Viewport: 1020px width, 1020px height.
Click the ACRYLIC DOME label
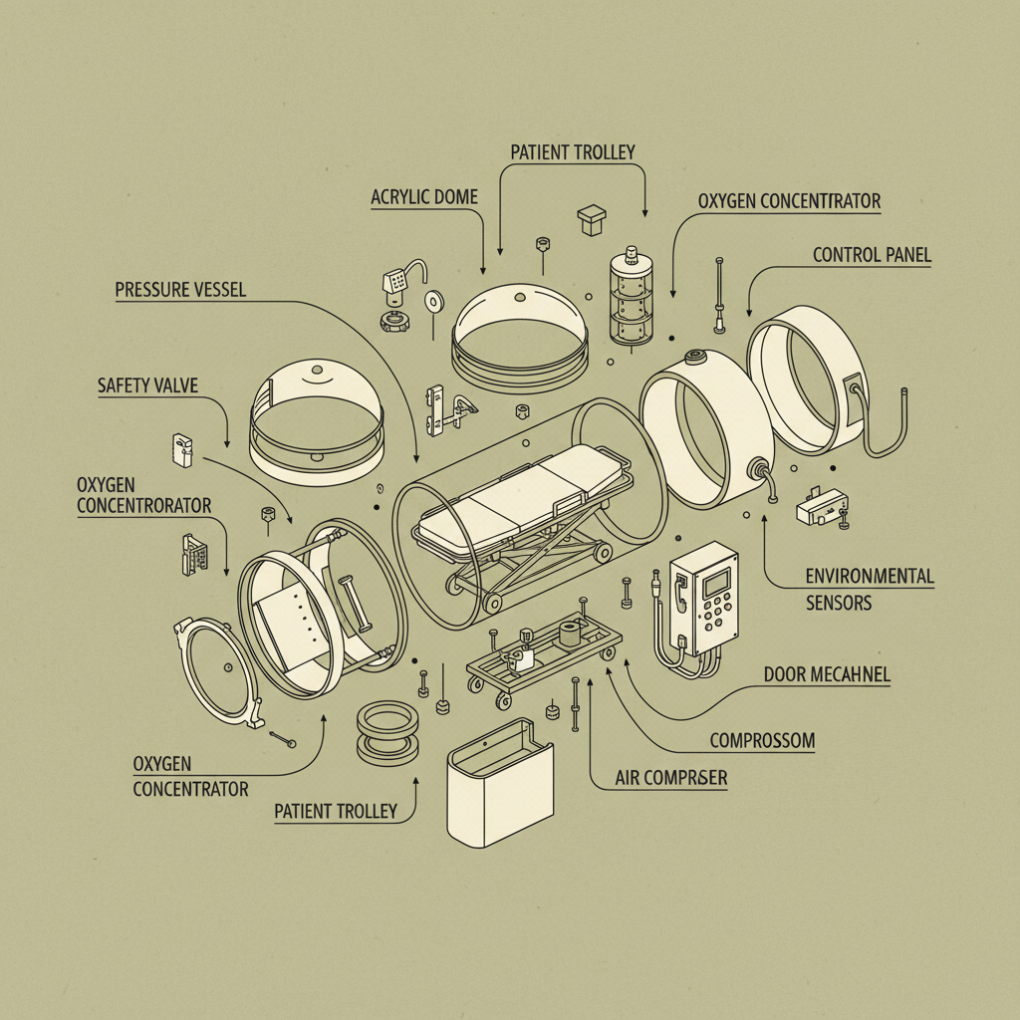pos(424,197)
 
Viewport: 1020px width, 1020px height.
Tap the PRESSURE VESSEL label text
pos(180,291)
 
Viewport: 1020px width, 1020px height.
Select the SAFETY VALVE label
pos(149,384)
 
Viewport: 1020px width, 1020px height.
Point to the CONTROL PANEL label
pos(872,255)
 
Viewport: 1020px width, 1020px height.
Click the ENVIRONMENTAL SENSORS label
pos(869,589)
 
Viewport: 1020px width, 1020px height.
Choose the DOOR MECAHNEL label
pos(827,675)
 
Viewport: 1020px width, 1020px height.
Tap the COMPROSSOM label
pos(762,741)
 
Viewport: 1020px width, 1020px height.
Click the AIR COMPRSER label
pos(670,778)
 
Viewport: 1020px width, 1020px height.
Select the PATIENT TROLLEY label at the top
pos(572,152)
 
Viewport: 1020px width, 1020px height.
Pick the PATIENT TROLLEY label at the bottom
pos(336,812)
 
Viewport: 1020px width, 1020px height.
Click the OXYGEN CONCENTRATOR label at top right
pos(789,201)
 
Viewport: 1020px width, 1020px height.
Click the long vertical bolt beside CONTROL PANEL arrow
pos(718,293)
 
